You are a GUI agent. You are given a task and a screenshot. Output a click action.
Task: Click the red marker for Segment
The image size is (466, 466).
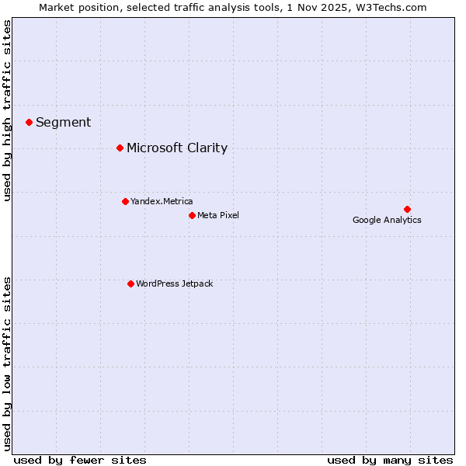[x=29, y=122]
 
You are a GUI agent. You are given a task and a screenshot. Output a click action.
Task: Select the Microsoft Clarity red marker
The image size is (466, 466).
[x=120, y=148]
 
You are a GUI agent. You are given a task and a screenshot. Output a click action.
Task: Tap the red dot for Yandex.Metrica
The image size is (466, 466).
[x=125, y=201]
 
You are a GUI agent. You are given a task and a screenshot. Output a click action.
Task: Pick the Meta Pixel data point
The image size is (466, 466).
[x=192, y=215]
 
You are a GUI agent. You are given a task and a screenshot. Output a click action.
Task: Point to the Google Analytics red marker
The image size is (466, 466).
[x=407, y=209]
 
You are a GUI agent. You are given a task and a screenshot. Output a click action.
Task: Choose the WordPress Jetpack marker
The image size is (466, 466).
[x=130, y=283]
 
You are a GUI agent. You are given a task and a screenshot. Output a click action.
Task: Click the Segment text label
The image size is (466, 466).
[x=63, y=122]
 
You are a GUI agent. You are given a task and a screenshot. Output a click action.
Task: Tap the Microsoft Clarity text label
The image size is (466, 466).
[x=177, y=148]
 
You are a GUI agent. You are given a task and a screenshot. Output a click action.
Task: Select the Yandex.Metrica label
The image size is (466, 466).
[x=162, y=201]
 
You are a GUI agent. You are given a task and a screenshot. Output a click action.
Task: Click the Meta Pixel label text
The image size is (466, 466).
[x=218, y=215]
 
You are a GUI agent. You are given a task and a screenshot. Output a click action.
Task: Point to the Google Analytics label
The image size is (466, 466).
[x=387, y=220]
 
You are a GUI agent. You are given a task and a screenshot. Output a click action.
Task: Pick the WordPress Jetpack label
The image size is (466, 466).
[x=174, y=283]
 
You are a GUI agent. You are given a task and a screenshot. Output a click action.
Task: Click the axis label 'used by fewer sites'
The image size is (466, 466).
[x=80, y=460]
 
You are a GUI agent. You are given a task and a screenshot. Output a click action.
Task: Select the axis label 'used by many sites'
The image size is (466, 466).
[x=390, y=460]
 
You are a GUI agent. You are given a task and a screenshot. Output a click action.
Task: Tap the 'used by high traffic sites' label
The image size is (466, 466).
[x=8, y=110]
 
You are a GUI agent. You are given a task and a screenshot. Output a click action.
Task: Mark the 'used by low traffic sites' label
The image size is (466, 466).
[x=8, y=363]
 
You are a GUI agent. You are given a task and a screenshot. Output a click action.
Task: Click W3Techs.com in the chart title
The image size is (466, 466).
[x=395, y=7]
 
